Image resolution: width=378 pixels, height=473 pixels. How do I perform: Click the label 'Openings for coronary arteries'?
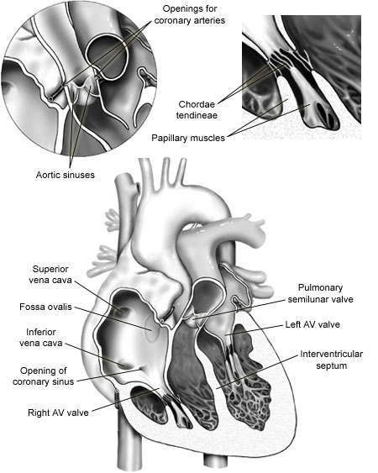pos(190,14)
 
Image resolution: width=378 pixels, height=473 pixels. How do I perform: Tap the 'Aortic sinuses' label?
pos(66,175)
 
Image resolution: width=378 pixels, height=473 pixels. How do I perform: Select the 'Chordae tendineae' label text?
pos(197,109)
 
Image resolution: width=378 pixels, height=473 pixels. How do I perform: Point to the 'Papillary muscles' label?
pos(188,138)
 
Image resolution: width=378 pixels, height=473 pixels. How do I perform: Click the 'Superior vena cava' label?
pos(50,274)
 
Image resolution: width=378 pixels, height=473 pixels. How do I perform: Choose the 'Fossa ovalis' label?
pos(45,307)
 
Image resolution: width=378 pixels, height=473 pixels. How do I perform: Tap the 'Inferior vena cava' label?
pos(41,337)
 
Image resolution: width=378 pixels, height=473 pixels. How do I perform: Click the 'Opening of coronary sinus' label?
pos(44,376)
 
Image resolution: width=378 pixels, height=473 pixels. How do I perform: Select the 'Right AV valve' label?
pos(58,413)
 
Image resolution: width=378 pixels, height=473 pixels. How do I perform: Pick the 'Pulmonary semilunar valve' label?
pos(320,293)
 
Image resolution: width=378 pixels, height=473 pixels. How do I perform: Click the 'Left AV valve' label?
pos(312,324)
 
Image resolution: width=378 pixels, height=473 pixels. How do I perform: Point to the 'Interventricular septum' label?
pos(331,360)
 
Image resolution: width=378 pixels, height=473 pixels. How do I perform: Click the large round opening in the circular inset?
pos(107,57)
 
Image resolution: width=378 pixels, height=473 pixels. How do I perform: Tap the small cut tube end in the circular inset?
pos(51,98)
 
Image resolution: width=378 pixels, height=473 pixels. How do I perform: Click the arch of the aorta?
pos(181,208)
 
